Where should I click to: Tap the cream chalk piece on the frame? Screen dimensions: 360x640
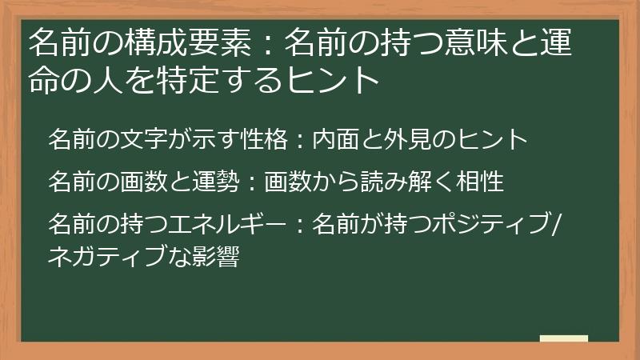[x=564, y=338]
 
